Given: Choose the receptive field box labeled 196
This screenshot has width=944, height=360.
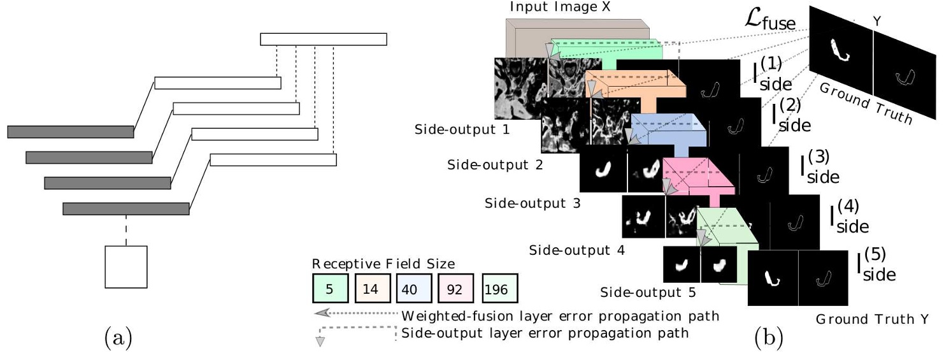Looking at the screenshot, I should (x=500, y=289).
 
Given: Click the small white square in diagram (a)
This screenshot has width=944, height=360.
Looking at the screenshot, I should (x=126, y=266).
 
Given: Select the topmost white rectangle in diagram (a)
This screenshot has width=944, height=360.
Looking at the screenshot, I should (x=323, y=39).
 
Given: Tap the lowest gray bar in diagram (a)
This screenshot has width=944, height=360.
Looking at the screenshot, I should (x=126, y=208).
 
